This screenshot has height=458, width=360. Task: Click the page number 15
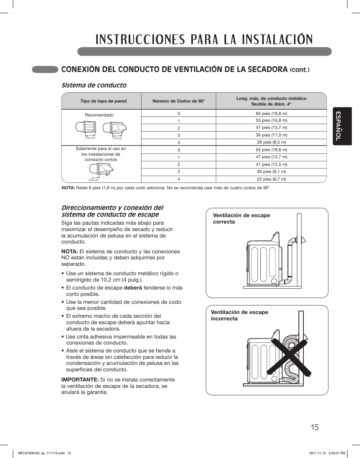point(315,427)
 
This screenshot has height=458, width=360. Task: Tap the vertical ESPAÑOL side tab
point(342,126)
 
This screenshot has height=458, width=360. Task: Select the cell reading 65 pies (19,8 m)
point(271,113)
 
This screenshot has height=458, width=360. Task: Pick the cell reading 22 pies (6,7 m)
point(271,179)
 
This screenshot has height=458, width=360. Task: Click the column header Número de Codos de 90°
point(178,101)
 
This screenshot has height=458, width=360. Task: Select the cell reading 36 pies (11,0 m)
point(271,135)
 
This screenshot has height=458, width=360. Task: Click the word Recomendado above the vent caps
point(99,115)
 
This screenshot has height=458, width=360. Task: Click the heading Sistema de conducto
point(94,85)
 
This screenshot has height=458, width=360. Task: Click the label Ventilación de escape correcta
point(241,219)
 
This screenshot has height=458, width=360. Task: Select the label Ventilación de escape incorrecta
point(239,316)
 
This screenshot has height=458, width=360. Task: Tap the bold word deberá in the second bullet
point(133,288)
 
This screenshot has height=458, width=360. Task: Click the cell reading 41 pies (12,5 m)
point(271,164)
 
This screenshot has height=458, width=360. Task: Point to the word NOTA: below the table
point(68,188)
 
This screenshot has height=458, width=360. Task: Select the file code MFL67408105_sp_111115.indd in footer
point(42,453)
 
